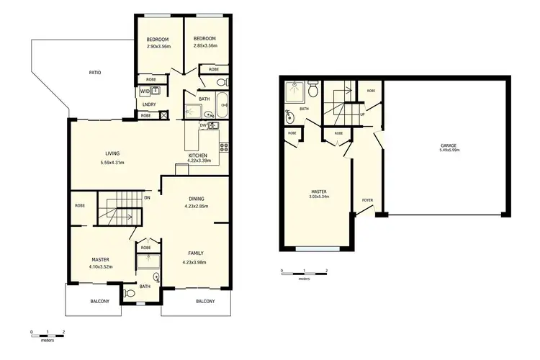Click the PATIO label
95,73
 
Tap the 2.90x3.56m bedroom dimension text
157,47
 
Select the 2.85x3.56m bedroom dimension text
204,47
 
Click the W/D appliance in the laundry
145,91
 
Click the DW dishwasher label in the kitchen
203,125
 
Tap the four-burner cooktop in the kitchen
223,148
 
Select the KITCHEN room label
198,156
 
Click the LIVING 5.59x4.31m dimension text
112,163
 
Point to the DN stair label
147,197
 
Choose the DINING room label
197,199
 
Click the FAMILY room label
196,253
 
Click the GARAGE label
449,145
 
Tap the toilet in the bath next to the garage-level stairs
313,91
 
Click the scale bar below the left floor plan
48,333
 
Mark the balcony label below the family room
204,301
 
